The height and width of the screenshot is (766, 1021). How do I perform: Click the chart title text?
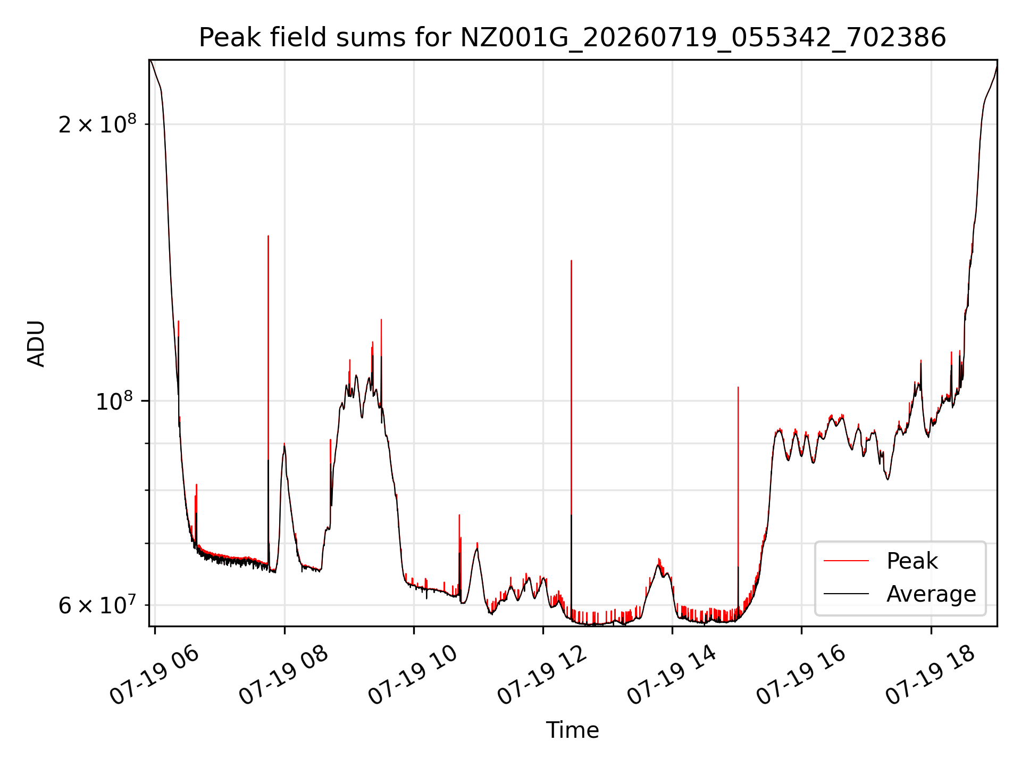[x=572, y=38]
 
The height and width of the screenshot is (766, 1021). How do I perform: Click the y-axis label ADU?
[x=36, y=344]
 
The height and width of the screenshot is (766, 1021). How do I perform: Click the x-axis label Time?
[x=572, y=730]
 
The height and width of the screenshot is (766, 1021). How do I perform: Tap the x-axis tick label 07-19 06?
[x=154, y=676]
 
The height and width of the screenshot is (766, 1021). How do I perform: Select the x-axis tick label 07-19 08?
[x=283, y=676]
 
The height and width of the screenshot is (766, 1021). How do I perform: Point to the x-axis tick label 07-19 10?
[x=413, y=676]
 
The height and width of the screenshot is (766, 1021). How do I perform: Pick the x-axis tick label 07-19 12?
[x=542, y=676]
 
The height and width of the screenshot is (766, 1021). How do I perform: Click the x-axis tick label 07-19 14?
[x=672, y=676]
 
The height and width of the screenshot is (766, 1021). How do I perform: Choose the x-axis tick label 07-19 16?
[x=801, y=676]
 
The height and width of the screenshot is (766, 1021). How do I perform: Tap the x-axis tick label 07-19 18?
[x=930, y=676]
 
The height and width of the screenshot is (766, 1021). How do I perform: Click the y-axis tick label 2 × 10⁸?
[x=97, y=124]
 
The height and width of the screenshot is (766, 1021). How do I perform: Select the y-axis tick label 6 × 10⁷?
[x=97, y=605]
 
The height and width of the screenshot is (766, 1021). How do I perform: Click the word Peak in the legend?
[x=912, y=561]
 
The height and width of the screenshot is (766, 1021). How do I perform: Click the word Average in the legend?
[x=931, y=594]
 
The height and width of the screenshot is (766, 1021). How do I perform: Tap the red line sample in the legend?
[x=847, y=561]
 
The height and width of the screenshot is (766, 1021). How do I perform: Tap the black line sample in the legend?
[x=847, y=594]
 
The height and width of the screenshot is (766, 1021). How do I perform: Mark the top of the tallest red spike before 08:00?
[x=268, y=236]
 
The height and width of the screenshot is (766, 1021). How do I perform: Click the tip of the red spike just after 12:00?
[x=571, y=261]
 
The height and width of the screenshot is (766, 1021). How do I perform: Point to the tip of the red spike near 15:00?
[x=738, y=387]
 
